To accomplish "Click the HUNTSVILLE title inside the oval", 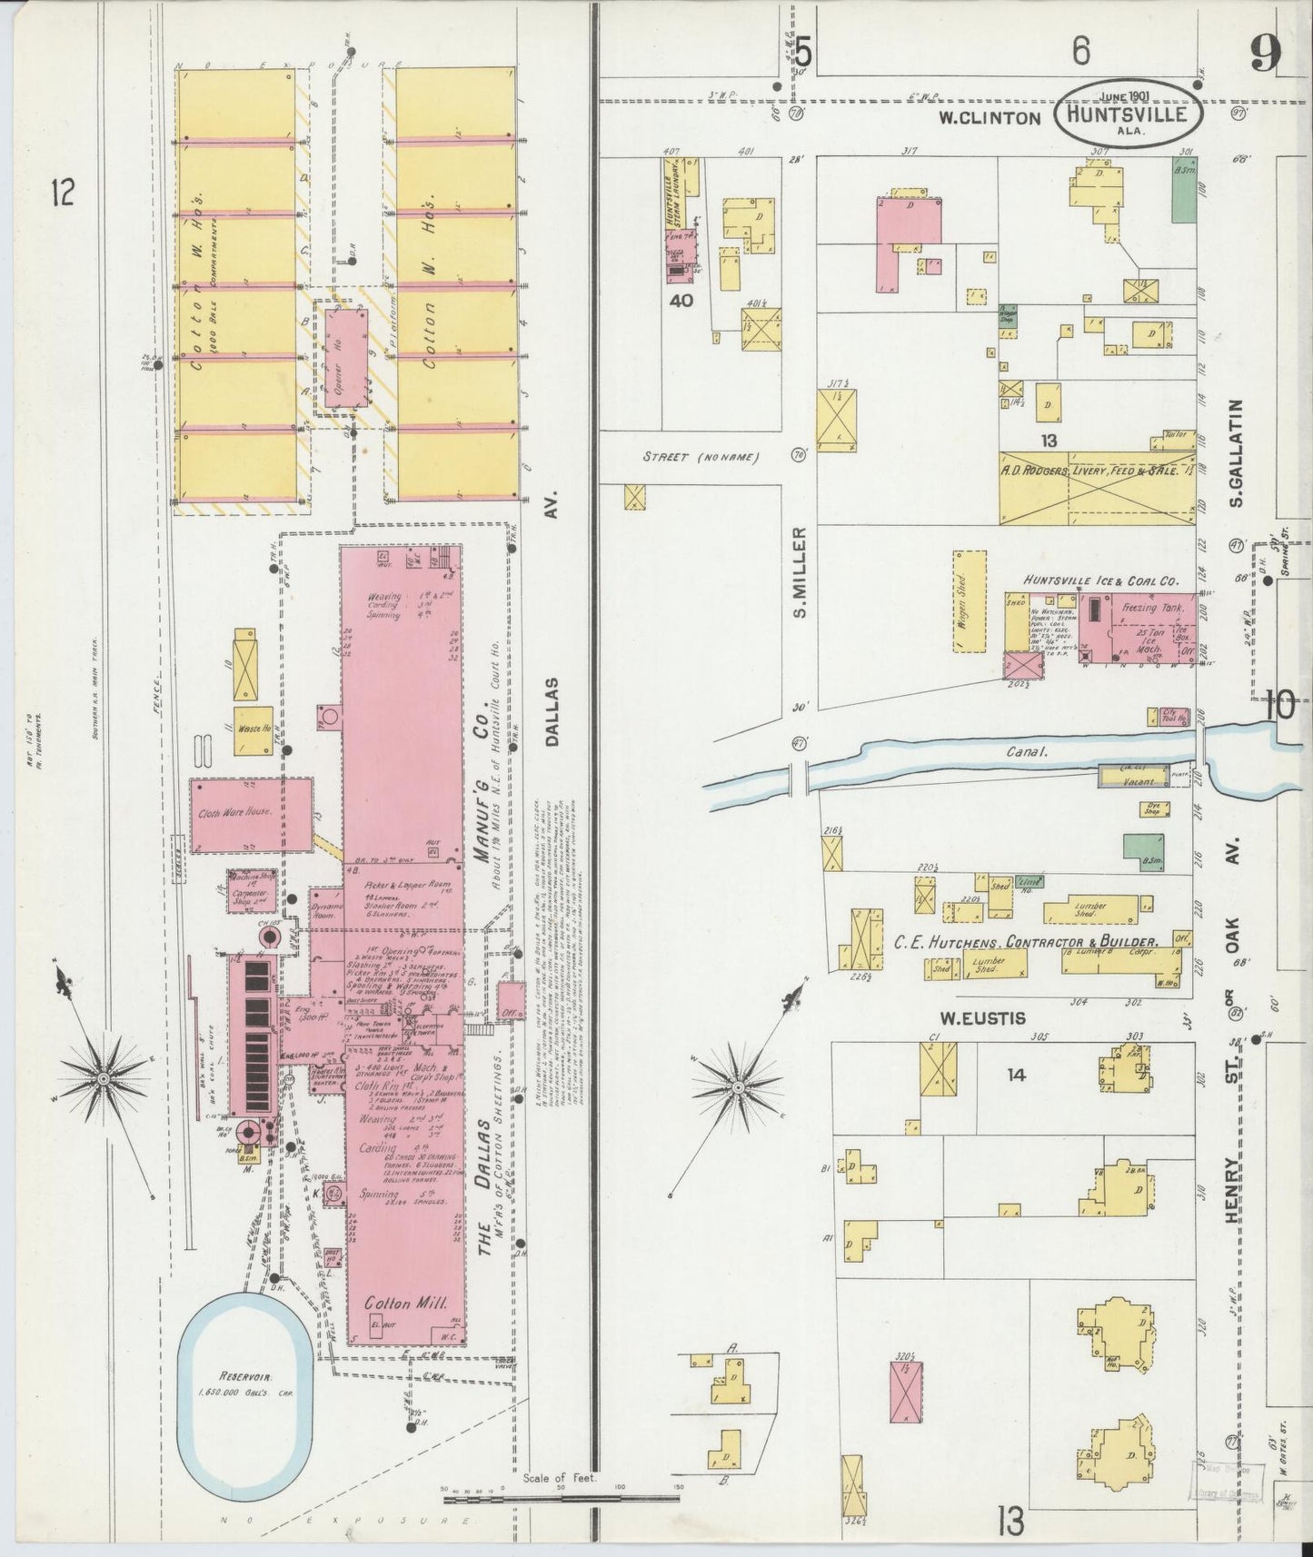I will click(x=1129, y=115).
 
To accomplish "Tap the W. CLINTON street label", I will click(x=989, y=117).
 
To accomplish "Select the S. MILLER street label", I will click(x=801, y=572).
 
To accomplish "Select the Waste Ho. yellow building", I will click(x=254, y=730).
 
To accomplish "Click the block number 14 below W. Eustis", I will click(x=1015, y=1075).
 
